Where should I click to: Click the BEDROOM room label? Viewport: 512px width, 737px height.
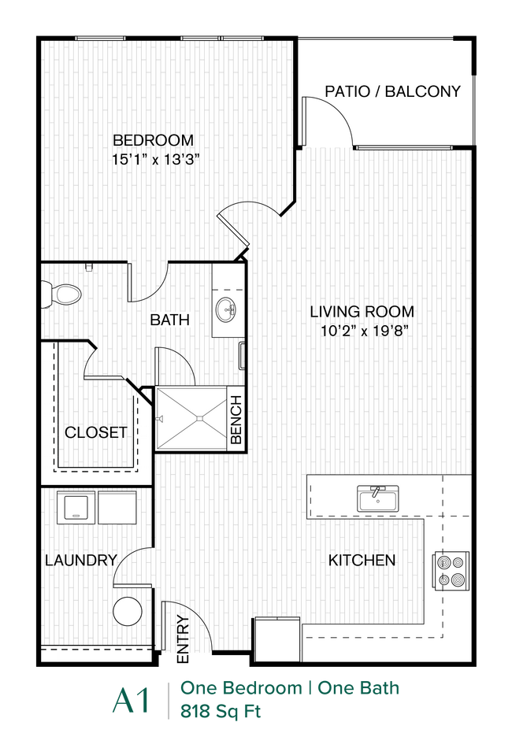coord(153,140)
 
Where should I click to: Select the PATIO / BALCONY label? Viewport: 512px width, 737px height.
coord(392,91)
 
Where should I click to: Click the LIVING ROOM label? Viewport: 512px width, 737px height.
coord(362,311)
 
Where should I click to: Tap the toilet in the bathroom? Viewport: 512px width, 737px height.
coord(63,294)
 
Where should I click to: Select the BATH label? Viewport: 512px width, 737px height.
coord(169,320)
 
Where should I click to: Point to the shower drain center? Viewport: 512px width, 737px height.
coord(191,419)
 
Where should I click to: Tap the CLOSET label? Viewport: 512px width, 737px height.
coord(95,432)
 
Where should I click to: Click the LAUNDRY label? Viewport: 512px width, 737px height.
coord(80,561)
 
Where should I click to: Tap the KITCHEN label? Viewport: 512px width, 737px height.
coord(362,561)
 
